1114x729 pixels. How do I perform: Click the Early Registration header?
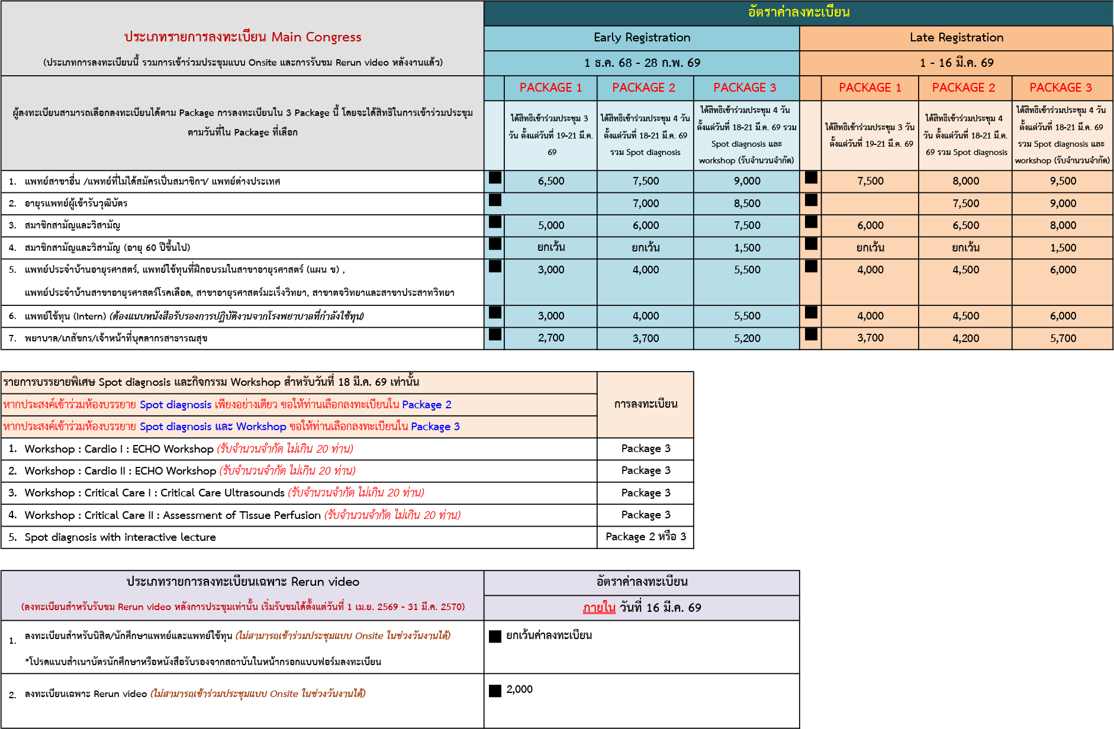(x=642, y=38)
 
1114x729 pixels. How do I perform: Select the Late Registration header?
(x=956, y=38)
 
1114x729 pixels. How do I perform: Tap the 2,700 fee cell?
(x=550, y=338)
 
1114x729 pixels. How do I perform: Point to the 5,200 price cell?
(x=747, y=338)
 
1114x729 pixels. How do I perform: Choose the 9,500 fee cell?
(x=1063, y=181)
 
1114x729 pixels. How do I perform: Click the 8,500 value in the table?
(x=747, y=204)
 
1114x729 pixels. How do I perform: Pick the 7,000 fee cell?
(x=645, y=204)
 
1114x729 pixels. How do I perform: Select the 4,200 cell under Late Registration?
(x=965, y=338)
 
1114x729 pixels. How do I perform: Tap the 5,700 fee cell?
(x=1063, y=338)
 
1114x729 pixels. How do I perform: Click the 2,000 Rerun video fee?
(x=519, y=689)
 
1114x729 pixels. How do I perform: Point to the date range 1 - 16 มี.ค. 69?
(x=956, y=63)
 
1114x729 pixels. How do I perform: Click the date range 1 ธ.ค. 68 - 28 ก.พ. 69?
(x=642, y=63)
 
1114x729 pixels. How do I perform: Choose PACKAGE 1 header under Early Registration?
(x=550, y=88)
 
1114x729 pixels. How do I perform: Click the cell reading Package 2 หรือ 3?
(x=645, y=537)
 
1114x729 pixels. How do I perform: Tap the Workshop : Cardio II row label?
(x=120, y=471)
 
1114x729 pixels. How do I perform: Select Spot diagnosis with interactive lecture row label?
(x=120, y=537)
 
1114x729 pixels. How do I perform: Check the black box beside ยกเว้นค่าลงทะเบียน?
(x=495, y=636)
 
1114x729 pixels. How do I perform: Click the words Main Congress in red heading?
(x=316, y=37)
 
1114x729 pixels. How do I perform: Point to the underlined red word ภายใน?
(x=598, y=608)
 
